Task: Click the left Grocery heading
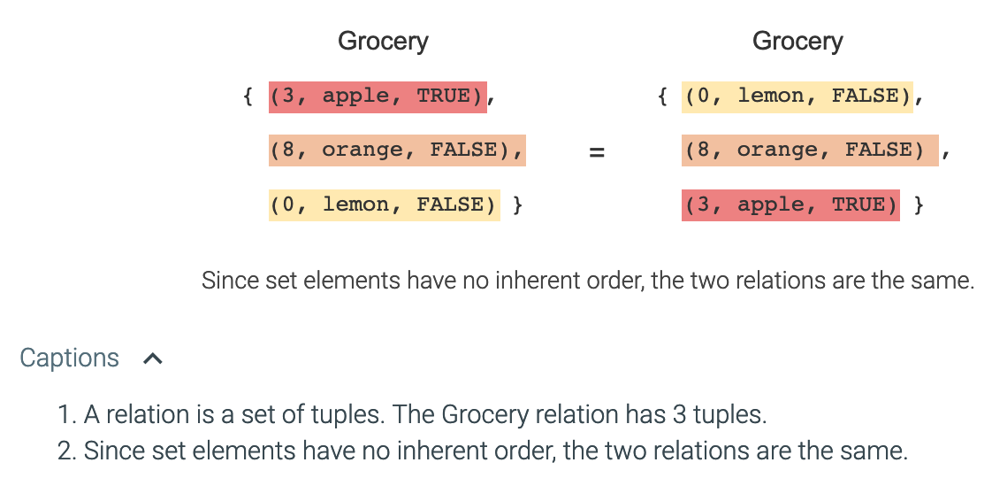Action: (383, 41)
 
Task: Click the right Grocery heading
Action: (797, 41)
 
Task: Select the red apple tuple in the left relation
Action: (378, 96)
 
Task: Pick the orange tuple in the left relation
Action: (397, 150)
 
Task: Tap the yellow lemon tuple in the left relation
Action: (384, 205)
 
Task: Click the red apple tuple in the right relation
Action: (790, 205)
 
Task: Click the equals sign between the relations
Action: (597, 152)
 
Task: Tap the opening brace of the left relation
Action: (248, 96)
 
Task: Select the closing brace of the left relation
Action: (518, 205)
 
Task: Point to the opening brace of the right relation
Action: (663, 96)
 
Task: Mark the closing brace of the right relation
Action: (919, 205)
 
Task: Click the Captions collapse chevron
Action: (153, 358)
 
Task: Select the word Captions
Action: (69, 358)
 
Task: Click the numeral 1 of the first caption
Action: (64, 414)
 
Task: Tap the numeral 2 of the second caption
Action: (65, 451)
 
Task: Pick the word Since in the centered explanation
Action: (230, 281)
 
